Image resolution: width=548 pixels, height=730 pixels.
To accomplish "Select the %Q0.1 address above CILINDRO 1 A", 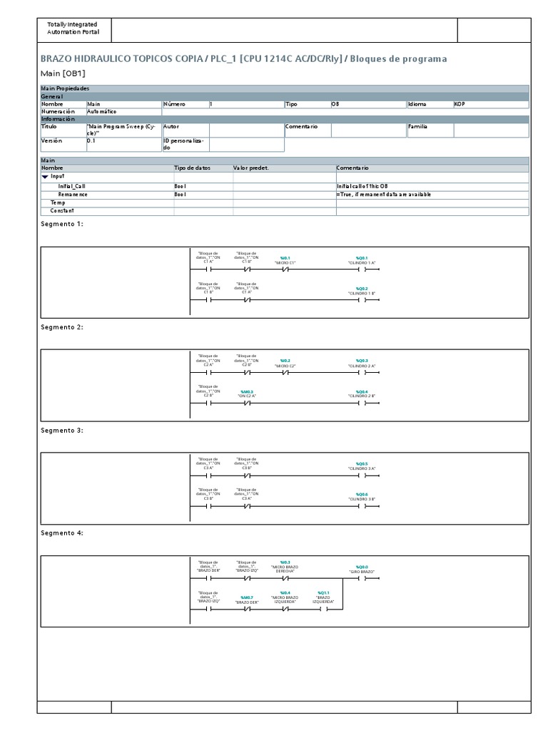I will click(x=361, y=257).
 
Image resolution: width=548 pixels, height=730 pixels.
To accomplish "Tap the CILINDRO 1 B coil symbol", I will click(x=361, y=301).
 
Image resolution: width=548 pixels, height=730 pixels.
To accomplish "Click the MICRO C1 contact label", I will click(x=285, y=262).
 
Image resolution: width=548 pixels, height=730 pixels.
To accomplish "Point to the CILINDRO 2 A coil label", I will click(x=361, y=366).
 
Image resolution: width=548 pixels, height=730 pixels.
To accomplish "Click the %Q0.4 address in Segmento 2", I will click(x=361, y=391).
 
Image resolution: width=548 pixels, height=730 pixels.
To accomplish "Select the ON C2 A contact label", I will click(x=247, y=396).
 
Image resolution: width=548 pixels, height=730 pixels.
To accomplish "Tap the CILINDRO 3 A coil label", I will click(x=361, y=468).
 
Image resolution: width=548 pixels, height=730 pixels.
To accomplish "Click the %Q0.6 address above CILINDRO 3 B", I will click(x=361, y=494).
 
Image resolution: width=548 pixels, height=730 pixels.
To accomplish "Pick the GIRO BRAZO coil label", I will click(x=361, y=572).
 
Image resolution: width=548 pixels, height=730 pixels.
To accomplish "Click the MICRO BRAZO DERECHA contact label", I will click(x=285, y=570).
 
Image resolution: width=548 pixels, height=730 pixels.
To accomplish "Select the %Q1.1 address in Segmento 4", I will click(x=323, y=593).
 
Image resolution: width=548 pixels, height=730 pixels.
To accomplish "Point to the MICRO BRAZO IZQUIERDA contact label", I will click(x=285, y=600).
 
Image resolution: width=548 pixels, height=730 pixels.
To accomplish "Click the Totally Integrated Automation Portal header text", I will click(x=73, y=29).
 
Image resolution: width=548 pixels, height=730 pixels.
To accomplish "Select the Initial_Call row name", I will click(x=71, y=185).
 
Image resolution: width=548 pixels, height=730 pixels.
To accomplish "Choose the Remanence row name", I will click(x=73, y=194).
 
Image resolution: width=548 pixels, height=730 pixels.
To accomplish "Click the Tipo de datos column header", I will click(x=193, y=168).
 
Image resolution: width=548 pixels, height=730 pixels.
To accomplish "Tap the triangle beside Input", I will click(x=45, y=176).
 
